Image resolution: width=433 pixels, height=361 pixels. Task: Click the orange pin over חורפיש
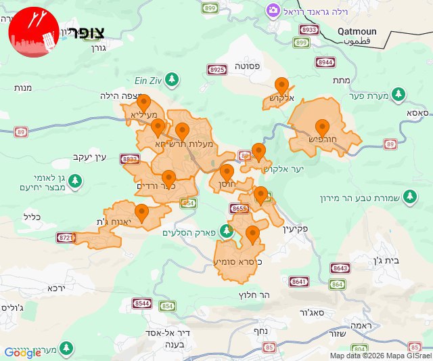pyautogui.click(x=322, y=127)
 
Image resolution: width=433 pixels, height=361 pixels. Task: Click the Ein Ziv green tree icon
pyautogui.click(x=173, y=79)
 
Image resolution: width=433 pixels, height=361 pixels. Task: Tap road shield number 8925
pyautogui.click(x=217, y=69)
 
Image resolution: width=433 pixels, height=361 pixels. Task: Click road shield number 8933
pyautogui.click(x=309, y=30)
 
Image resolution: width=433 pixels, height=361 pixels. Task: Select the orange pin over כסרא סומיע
pyautogui.click(x=252, y=235)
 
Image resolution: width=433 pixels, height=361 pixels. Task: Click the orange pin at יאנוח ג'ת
pyautogui.click(x=141, y=213)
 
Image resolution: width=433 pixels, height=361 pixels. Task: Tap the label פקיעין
pyautogui.click(x=292, y=230)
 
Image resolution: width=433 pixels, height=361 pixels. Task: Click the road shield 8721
pyautogui.click(x=65, y=237)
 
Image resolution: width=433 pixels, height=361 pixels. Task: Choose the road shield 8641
pyautogui.click(x=298, y=281)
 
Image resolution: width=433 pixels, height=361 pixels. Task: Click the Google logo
pyautogui.click(x=22, y=353)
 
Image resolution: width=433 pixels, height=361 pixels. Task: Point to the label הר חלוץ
pyautogui.click(x=255, y=295)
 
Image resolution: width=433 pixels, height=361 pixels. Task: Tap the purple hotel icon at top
pyautogui.click(x=273, y=10)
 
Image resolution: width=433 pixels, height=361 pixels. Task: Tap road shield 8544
pyautogui.click(x=141, y=303)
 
